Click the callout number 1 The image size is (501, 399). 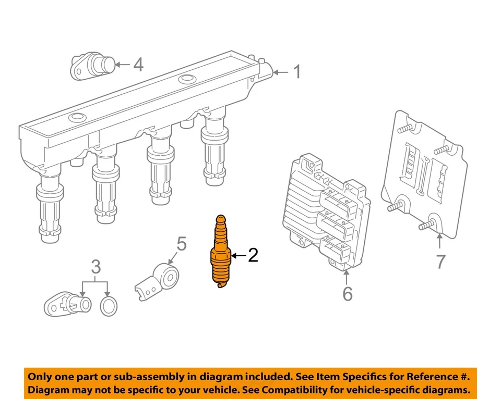point(296,72)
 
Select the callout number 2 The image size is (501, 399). point(253,255)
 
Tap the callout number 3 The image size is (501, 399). point(96,268)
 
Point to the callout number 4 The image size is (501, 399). point(138,65)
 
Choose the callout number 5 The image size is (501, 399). point(181,243)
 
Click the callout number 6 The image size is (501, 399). point(348,294)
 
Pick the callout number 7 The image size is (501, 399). point(441,261)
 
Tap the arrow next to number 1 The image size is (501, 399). point(281,72)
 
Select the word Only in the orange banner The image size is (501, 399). point(41,376)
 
